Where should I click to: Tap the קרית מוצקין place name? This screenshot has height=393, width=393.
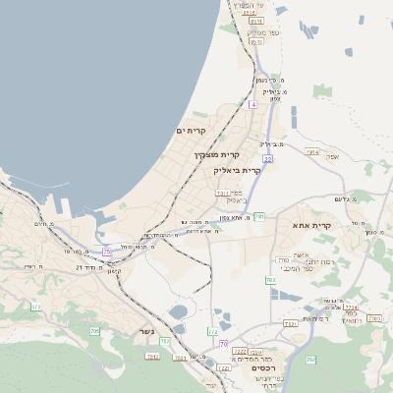tap(216, 155)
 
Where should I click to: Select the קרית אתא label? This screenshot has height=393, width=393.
tap(312, 226)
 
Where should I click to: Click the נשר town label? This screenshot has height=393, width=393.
tap(148, 330)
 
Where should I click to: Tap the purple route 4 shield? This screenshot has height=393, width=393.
tap(253, 103)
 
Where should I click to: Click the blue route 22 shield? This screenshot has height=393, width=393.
tap(267, 157)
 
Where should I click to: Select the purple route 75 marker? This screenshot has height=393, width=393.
tap(106, 253)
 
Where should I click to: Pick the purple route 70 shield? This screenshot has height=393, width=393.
tap(224, 343)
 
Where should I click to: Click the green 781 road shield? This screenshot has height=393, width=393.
tap(259, 215)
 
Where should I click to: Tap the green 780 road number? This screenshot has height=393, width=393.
tap(270, 280)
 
